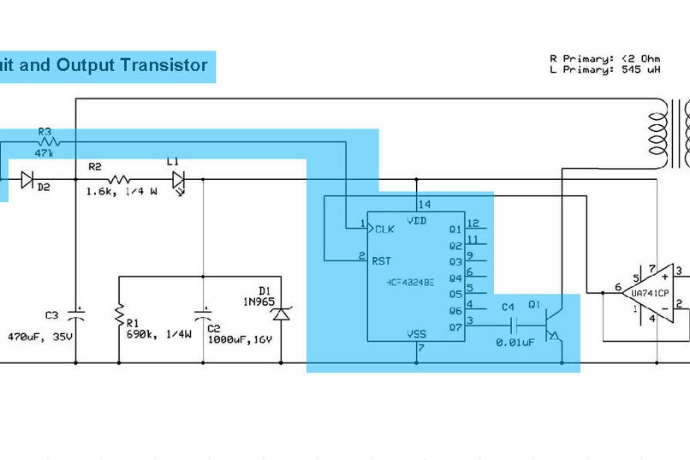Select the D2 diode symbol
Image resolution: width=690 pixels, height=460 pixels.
click(x=27, y=180)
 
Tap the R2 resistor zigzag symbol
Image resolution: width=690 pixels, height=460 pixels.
click(x=119, y=180)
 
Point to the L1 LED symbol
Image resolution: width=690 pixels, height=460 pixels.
click(x=178, y=180)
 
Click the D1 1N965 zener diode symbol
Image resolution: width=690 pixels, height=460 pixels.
click(x=281, y=314)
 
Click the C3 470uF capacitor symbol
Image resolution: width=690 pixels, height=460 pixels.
click(x=76, y=314)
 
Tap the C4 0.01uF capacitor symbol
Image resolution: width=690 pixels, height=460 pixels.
click(x=515, y=326)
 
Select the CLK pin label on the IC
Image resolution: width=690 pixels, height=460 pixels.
click(x=385, y=229)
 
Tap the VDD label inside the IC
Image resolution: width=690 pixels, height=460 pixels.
click(x=417, y=220)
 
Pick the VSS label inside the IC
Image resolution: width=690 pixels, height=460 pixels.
click(x=417, y=334)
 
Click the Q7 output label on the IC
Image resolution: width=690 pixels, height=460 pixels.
click(x=455, y=326)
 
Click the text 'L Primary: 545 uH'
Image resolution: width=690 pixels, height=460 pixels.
click(x=604, y=70)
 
